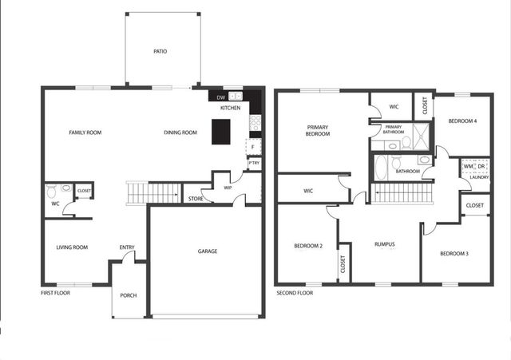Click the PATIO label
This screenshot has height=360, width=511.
pos(160,52)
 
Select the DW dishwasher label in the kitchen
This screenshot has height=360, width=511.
pos(220,97)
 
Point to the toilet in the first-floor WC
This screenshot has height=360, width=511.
pos(53,192)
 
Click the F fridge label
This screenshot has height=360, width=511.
pos(252,147)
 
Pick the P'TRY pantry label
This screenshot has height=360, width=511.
pos(254,164)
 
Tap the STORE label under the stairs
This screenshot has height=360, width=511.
pos(195,199)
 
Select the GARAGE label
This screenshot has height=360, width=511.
pos(208,251)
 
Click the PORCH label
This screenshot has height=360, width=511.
pos(129,295)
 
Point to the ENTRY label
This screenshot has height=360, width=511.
pos(128,247)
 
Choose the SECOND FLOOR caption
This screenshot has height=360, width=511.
pos(295,293)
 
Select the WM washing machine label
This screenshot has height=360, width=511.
pos(468,166)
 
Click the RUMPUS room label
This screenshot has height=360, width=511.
pos(385,244)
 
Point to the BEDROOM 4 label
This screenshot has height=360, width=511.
pos(462,121)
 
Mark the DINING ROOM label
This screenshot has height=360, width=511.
pos(180,133)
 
